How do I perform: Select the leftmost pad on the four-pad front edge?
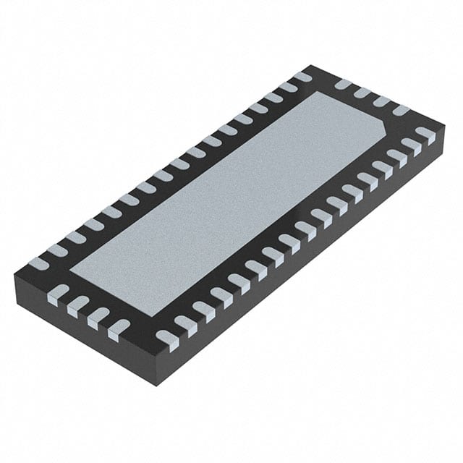point(56,293)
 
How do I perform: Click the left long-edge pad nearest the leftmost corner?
point(38,264)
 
